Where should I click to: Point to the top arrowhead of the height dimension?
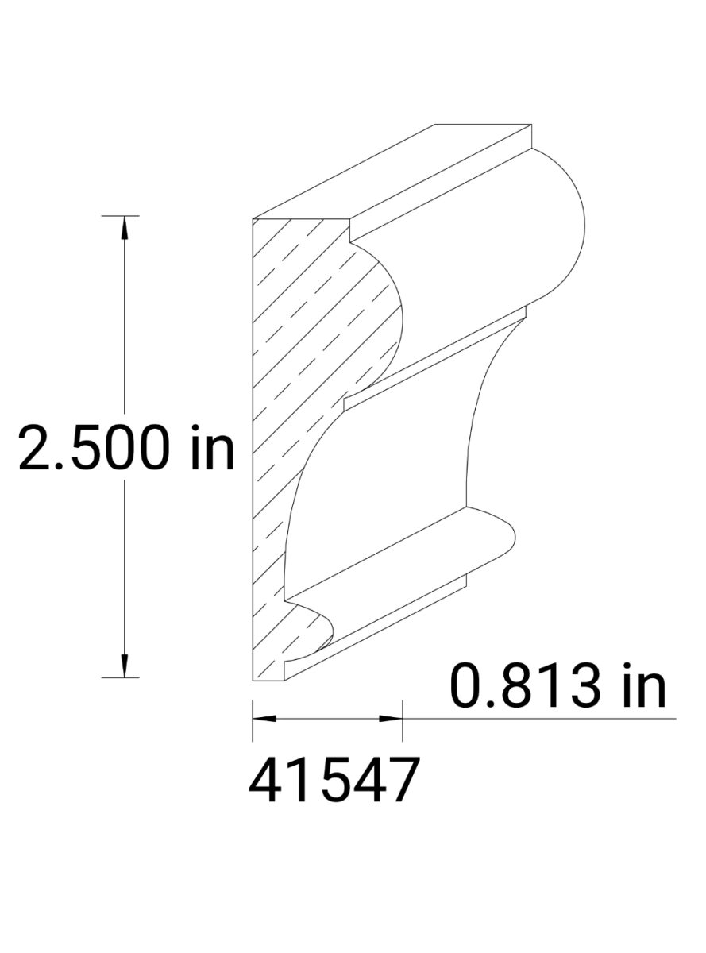pos(124,227)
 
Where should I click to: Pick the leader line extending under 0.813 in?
pos(540,719)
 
